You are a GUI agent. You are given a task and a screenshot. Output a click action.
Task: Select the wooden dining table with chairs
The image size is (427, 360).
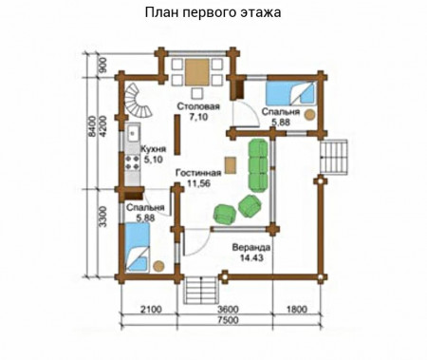199,71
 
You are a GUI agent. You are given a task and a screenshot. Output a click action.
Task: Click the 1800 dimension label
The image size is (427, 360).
295,309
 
